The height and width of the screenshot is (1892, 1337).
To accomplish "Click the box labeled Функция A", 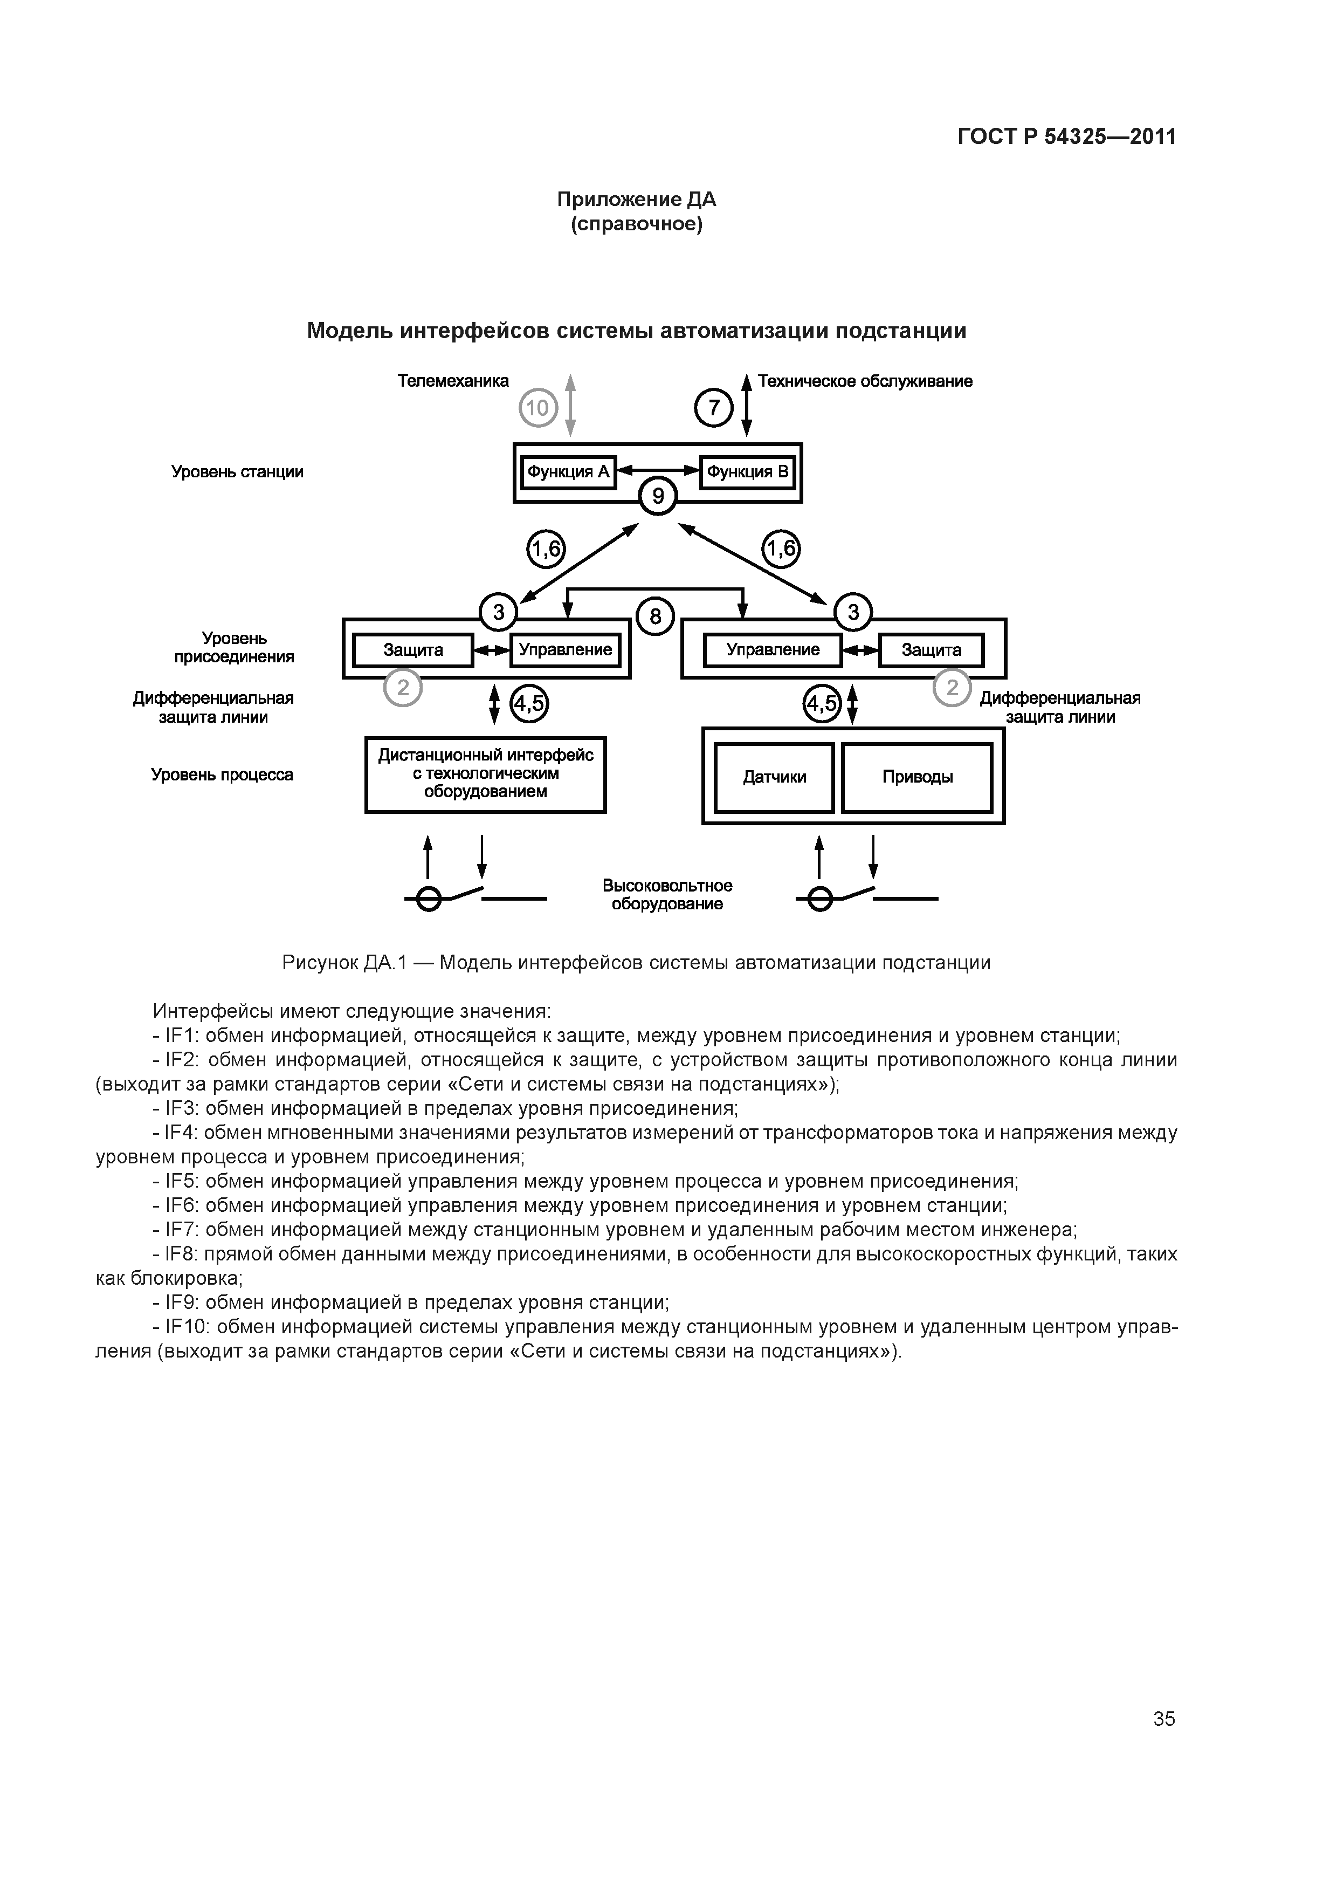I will (x=568, y=472).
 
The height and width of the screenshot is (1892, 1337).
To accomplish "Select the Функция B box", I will (x=747, y=472).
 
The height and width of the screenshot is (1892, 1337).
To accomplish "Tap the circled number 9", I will (x=657, y=496).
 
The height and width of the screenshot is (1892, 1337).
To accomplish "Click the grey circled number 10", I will (x=538, y=408).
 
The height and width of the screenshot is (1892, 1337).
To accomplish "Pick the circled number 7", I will (x=713, y=408).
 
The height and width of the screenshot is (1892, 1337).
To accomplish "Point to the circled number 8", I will (x=656, y=616).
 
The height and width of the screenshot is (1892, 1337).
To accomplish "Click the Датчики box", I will (x=774, y=777).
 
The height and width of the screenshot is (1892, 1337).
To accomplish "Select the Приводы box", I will (x=917, y=777).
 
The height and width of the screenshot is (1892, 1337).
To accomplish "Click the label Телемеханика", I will (x=453, y=381).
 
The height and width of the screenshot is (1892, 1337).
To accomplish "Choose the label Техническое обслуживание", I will (x=865, y=381).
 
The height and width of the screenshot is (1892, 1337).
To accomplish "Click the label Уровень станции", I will (x=237, y=472).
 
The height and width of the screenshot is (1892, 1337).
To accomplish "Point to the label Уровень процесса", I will (x=223, y=774).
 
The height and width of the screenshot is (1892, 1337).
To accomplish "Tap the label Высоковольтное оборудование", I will (x=667, y=895).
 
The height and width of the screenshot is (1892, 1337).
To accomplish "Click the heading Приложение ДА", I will (x=636, y=200).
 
